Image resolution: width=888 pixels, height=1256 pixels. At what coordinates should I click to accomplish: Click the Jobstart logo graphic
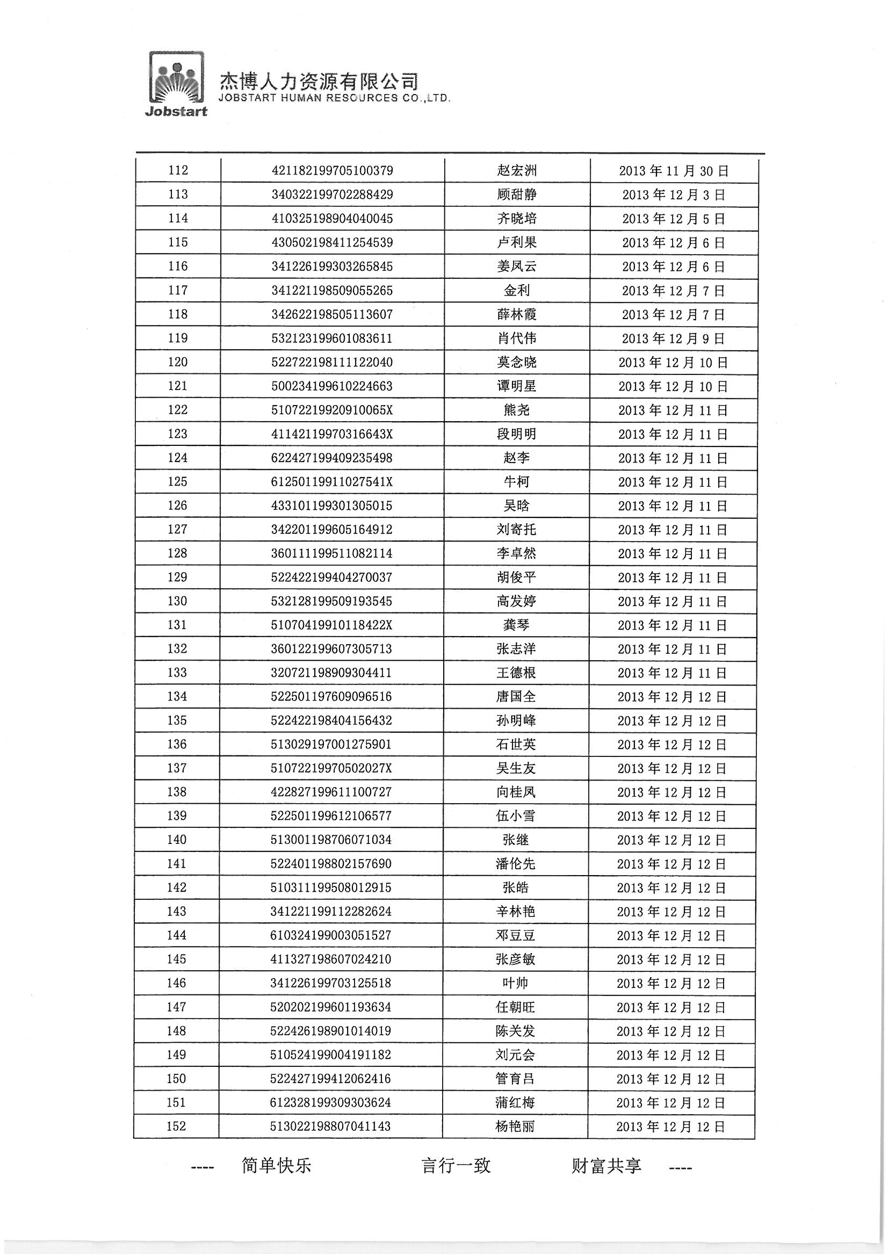click(176, 84)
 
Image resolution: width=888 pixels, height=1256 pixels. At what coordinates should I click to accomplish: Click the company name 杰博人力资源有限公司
click(319, 82)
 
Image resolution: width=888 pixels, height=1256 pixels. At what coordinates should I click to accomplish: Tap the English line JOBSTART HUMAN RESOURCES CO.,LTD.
click(334, 98)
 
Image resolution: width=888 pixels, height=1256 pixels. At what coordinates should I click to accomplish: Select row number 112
click(178, 170)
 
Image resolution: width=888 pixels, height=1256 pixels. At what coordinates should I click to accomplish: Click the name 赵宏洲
click(516, 171)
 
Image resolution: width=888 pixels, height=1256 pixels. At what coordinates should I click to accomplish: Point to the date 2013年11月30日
click(674, 171)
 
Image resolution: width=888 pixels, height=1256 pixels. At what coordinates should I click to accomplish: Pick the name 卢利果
click(516, 242)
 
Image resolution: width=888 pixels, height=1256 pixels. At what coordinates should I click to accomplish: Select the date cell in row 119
click(673, 338)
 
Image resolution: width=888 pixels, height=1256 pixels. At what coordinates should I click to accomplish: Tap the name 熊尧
click(516, 410)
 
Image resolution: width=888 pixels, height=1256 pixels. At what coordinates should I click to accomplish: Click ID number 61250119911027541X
click(332, 482)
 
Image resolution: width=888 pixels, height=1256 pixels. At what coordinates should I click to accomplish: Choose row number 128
click(177, 553)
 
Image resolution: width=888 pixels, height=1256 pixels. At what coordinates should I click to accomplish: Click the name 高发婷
click(516, 601)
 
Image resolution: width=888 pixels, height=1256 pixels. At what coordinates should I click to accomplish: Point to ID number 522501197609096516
click(331, 696)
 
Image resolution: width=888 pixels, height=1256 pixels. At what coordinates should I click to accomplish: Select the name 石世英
click(516, 745)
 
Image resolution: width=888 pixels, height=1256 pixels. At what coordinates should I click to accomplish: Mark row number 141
click(177, 864)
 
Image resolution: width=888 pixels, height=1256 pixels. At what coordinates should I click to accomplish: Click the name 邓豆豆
click(515, 935)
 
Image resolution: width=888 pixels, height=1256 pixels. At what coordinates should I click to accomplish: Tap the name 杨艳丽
click(515, 1127)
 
